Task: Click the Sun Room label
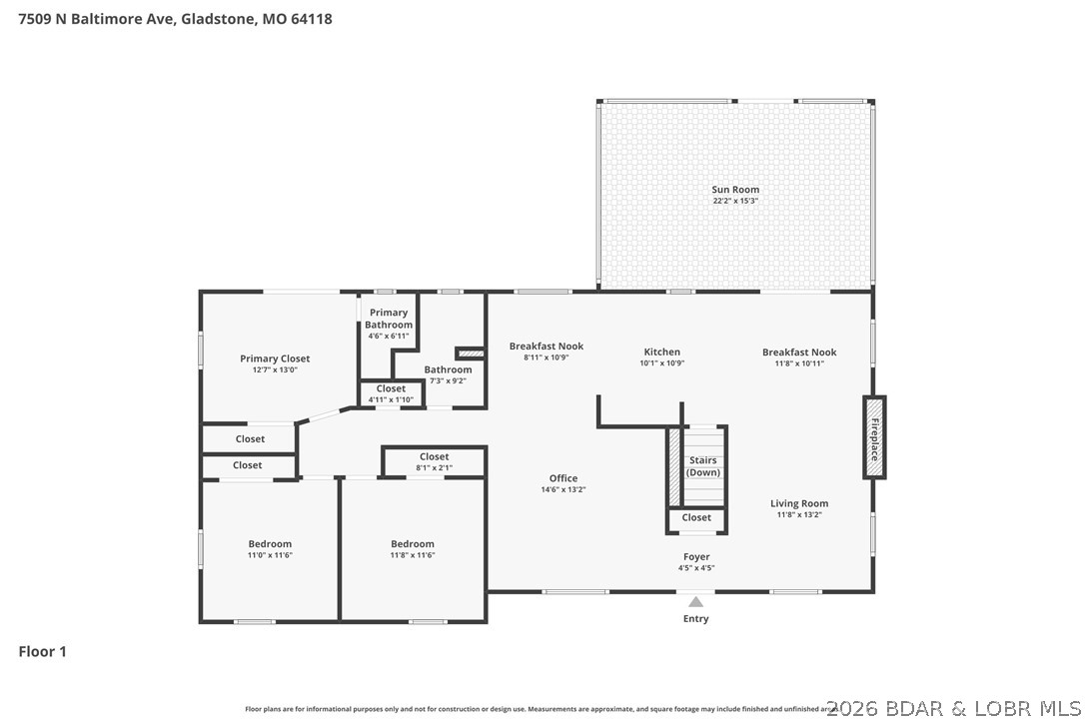pyautogui.click(x=735, y=190)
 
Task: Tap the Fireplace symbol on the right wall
pyautogui.click(x=874, y=436)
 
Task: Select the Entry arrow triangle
pyautogui.click(x=695, y=602)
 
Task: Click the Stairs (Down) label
pyautogui.click(x=703, y=466)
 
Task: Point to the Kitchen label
pyautogui.click(x=661, y=352)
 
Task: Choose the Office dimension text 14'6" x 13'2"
pyautogui.click(x=563, y=489)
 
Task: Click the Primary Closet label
pyautogui.click(x=275, y=359)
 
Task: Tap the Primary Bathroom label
pyautogui.click(x=388, y=319)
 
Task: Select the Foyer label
pyautogui.click(x=696, y=557)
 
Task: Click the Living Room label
pyautogui.click(x=799, y=503)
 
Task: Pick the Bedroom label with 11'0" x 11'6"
pyautogui.click(x=270, y=544)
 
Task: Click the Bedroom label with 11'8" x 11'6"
pyautogui.click(x=413, y=544)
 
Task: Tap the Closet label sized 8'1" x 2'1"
pyautogui.click(x=434, y=457)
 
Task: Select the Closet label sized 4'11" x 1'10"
pyautogui.click(x=391, y=388)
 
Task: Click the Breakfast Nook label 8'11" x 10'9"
pyautogui.click(x=546, y=347)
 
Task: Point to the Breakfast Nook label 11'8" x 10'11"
pyautogui.click(x=799, y=352)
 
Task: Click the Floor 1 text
pyautogui.click(x=43, y=652)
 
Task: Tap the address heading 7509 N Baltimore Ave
pyautogui.click(x=176, y=18)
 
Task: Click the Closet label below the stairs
pyautogui.click(x=696, y=517)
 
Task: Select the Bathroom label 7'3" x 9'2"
pyautogui.click(x=448, y=369)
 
